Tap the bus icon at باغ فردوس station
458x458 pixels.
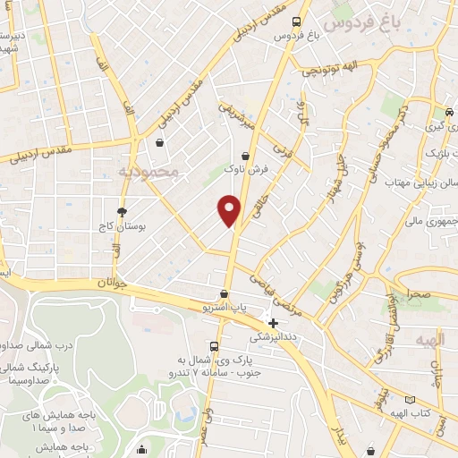[x=296, y=23]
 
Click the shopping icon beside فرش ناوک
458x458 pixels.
[x=245, y=156]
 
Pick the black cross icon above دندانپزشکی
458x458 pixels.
[x=274, y=322]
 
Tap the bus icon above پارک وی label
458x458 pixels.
[x=214, y=347]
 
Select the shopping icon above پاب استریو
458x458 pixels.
[x=224, y=293]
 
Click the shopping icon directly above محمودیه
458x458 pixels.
[x=159, y=143]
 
